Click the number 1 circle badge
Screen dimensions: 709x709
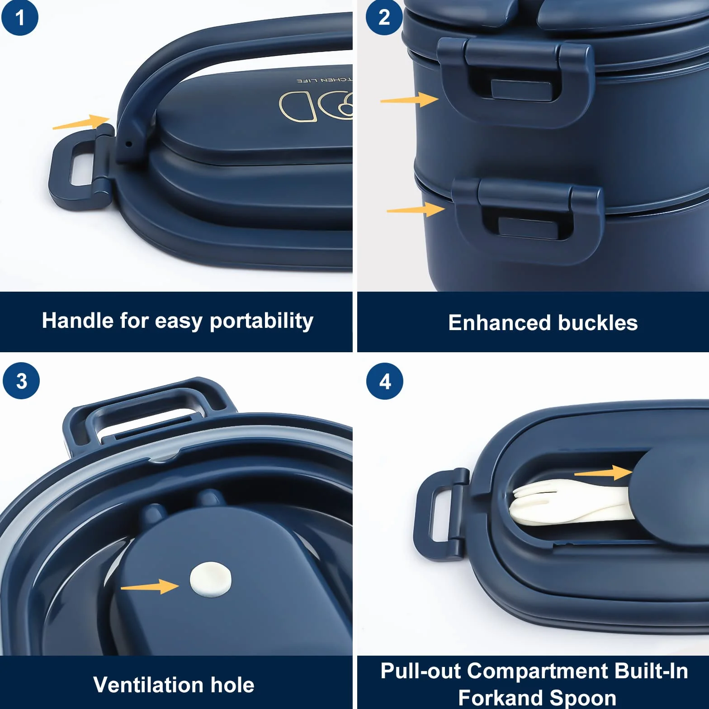point(20,18)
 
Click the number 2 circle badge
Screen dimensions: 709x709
point(384,17)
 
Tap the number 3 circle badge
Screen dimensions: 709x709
point(21,381)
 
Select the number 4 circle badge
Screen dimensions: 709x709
point(385,381)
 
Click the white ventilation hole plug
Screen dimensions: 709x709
point(211,579)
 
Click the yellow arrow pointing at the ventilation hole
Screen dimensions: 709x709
point(150,586)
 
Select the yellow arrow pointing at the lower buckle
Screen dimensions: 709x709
point(416,209)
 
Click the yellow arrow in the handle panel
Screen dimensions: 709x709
point(81,122)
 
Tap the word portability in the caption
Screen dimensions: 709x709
point(261,321)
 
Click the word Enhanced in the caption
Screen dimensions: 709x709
point(500,323)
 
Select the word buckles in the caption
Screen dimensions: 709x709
point(598,323)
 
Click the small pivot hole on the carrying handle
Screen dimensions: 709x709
point(129,145)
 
